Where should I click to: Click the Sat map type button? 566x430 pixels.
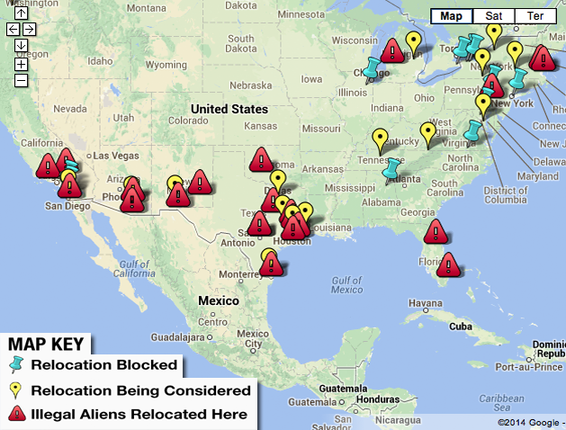pos(495,16)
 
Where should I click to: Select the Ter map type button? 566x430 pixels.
pos(535,16)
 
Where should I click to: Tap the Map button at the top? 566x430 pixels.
pos(452,16)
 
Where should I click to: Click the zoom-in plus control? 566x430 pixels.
pos(21,63)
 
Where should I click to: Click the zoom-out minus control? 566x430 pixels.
pos(21,80)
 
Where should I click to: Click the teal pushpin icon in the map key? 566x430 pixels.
pos(15,365)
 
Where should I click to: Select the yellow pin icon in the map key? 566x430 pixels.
pos(15,390)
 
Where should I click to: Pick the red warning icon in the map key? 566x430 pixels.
pos(15,414)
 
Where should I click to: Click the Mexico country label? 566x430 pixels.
pos(219,300)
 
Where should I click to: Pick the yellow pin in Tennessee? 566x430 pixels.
pos(380,140)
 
